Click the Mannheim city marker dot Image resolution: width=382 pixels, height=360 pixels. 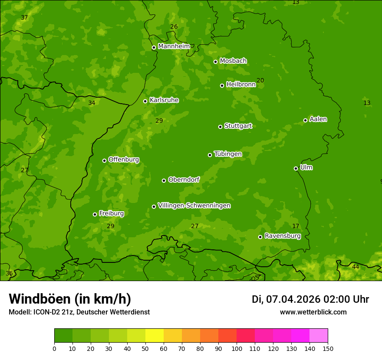click(154, 48)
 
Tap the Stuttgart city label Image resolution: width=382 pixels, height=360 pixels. click(238, 126)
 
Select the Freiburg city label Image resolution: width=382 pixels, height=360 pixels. click(111, 213)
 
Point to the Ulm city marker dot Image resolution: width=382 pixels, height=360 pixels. click(296, 168)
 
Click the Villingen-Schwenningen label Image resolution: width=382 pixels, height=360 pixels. click(194, 206)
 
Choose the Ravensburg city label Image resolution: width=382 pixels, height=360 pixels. click(283, 236)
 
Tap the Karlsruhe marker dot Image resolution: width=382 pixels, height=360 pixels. click(145, 101)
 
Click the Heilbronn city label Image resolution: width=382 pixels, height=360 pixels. click(241, 85)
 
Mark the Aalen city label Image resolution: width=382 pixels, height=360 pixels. click(318, 119)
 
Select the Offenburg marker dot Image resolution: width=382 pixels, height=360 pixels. click(104, 160)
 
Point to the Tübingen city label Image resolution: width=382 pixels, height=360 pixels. click(228, 154)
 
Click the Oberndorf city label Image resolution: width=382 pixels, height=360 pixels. click(184, 180)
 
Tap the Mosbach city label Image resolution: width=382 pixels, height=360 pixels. click(233, 61)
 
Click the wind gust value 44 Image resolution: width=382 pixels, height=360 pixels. click(356, 267)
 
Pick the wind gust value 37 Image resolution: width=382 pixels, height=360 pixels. click(24, 17)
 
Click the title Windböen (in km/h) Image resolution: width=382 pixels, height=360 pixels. click(70, 299)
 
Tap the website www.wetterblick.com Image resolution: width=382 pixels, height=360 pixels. click(313, 312)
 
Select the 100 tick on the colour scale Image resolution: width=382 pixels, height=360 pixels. click(237, 348)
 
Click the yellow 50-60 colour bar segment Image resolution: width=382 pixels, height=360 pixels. click(155, 336)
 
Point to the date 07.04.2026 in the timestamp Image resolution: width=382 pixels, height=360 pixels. click(293, 299)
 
